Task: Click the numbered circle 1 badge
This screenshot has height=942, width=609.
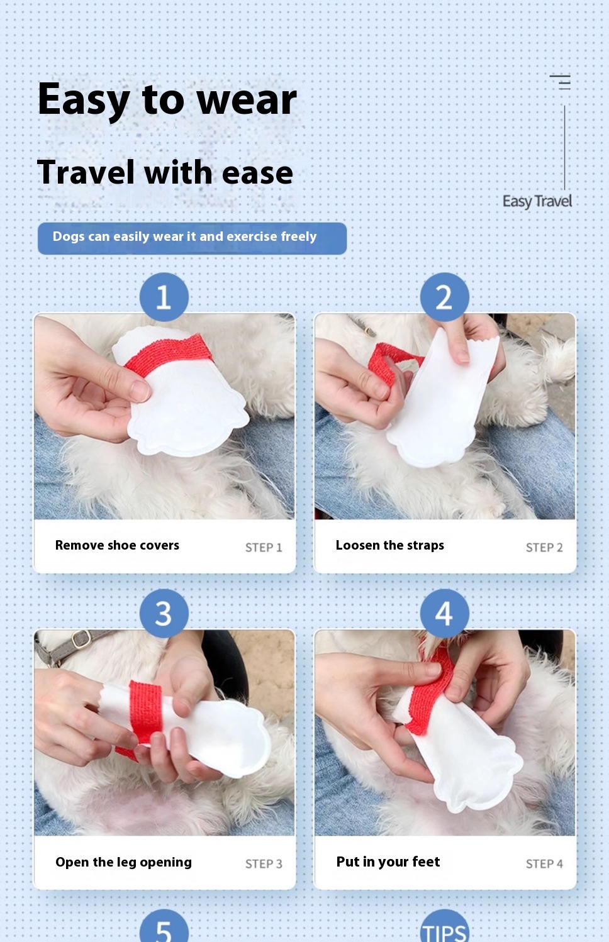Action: click(164, 297)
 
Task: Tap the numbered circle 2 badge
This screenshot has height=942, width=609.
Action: click(444, 297)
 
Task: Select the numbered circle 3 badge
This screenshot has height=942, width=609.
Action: click(164, 613)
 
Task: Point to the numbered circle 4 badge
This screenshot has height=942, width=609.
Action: click(444, 613)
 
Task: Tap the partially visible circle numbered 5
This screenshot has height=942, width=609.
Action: click(164, 927)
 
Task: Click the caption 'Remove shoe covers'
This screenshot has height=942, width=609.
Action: click(117, 545)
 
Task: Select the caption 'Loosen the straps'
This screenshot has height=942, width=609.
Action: click(389, 545)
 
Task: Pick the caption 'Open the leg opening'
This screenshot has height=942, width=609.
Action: click(124, 863)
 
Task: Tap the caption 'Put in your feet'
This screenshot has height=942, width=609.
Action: click(388, 862)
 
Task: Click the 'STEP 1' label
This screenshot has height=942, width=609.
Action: click(264, 548)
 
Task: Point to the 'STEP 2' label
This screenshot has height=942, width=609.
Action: click(544, 548)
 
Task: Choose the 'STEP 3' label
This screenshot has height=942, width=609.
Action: click(264, 864)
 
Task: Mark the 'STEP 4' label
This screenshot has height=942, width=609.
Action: click(544, 864)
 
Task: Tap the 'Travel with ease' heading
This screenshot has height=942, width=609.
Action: click(165, 173)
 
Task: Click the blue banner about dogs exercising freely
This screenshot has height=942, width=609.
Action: click(193, 238)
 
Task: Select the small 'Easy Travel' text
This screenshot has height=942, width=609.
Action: click(537, 202)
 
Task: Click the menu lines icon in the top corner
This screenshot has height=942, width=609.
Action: click(560, 82)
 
